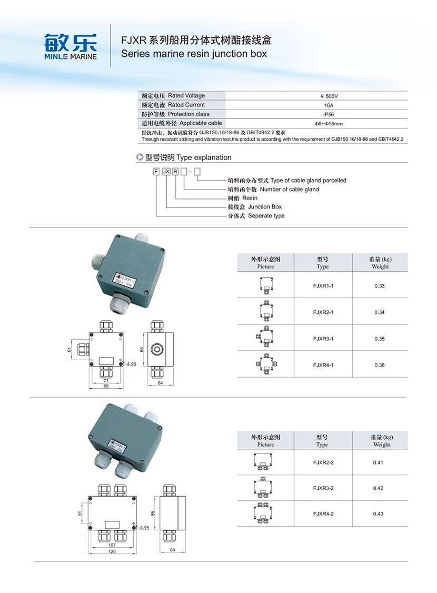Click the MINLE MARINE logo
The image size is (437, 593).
tap(71, 46)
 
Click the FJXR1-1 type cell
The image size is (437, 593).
tap(323, 285)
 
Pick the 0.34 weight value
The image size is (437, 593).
tap(380, 312)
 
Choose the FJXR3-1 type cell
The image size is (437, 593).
tap(323, 339)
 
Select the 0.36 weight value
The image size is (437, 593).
tap(380, 365)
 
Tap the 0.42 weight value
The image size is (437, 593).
tap(378, 488)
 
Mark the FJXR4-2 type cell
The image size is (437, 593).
tap(323, 513)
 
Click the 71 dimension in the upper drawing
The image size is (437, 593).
tap(105, 380)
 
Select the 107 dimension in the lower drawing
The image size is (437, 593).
tap(111, 544)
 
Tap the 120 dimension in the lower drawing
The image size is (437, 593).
tap(111, 552)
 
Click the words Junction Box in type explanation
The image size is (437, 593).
tap(265, 207)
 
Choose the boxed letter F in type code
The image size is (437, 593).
tap(156, 171)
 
